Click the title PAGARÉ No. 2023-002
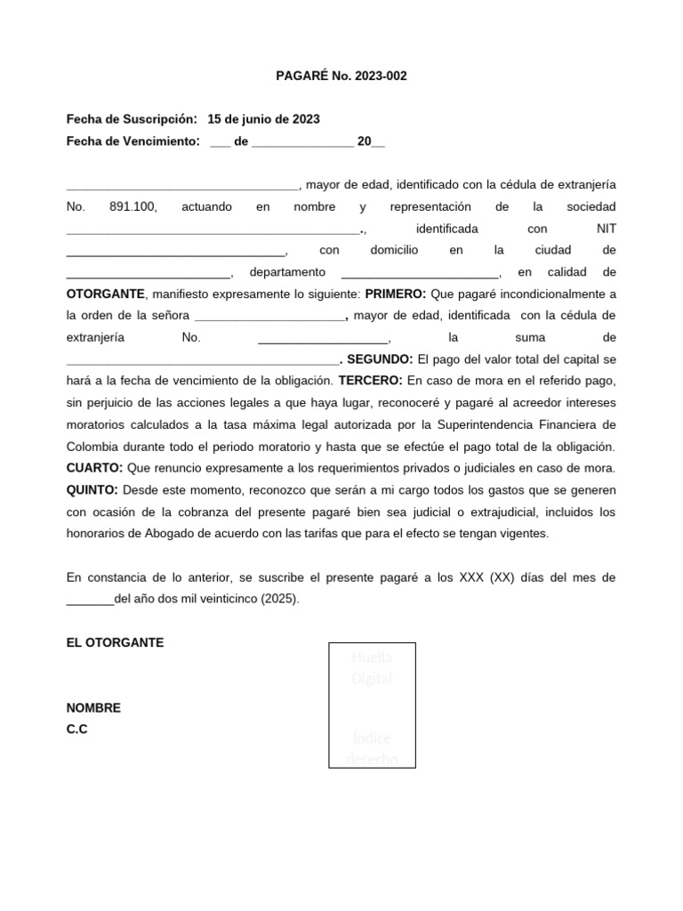pyautogui.click(x=341, y=76)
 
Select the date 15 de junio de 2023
pyautogui.click(x=263, y=119)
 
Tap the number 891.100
pyautogui.click(x=133, y=206)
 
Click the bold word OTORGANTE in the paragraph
pyautogui.click(x=105, y=294)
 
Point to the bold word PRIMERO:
pyautogui.click(x=396, y=294)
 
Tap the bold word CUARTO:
pyautogui.click(x=94, y=468)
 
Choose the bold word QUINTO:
pyautogui.click(x=92, y=490)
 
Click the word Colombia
pyautogui.click(x=94, y=447)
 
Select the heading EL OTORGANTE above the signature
pyautogui.click(x=115, y=642)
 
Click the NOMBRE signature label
pyautogui.click(x=93, y=708)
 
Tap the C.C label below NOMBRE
pyautogui.click(x=77, y=730)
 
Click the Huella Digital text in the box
pyautogui.click(x=372, y=667)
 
